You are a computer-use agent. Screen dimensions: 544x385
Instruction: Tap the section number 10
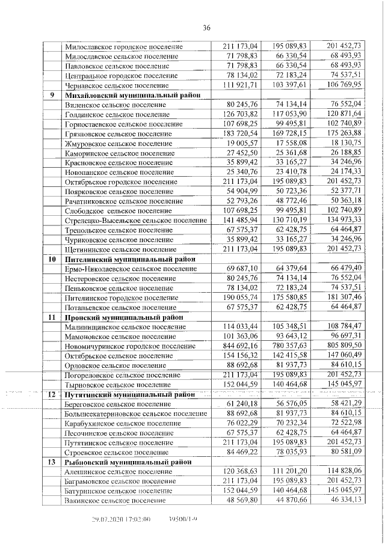52,258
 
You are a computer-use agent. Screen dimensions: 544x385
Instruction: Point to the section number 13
52,462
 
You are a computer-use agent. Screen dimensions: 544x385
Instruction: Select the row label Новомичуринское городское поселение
125,346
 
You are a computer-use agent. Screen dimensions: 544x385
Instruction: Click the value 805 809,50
344,345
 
